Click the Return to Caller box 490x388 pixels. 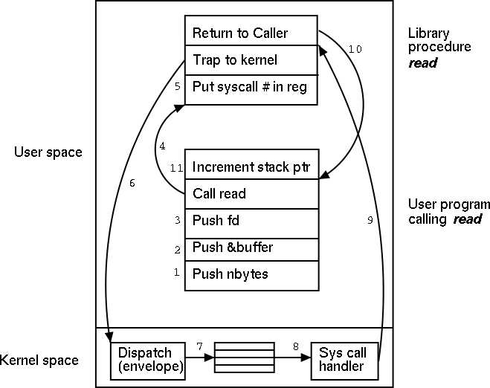251,33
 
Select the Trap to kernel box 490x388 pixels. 251,60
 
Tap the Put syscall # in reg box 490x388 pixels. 251,88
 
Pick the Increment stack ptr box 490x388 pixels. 251,167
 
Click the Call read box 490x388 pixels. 251,194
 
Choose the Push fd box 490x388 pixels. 251,221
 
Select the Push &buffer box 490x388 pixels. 251,248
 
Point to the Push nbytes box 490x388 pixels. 251,274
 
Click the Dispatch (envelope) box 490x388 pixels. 146,360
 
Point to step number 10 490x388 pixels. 355,49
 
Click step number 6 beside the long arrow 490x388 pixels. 132,183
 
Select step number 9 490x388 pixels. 370,221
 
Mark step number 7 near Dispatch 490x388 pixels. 199,347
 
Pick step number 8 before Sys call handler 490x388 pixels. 295,347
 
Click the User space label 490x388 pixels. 48,152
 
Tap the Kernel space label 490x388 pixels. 39,360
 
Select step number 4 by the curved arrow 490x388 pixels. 161,146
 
